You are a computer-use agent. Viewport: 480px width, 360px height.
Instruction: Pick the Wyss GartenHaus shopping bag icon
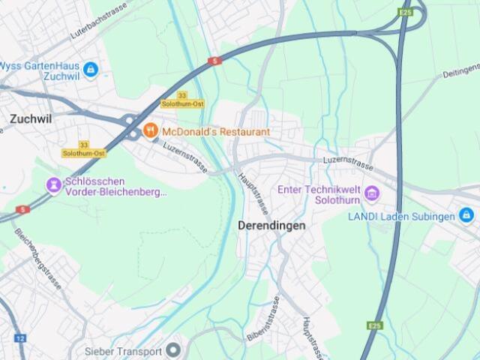tap(91, 70)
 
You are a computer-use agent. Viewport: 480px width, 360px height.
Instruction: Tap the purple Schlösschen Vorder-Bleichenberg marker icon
tap(53, 184)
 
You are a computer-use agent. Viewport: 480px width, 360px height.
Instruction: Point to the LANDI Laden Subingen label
tap(401, 217)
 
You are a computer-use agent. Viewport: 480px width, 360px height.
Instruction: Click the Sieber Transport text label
tap(123, 351)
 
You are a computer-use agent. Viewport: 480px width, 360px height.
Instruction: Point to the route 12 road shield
tap(19, 338)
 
